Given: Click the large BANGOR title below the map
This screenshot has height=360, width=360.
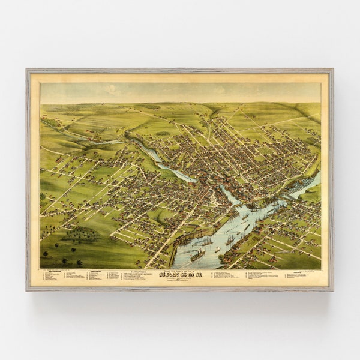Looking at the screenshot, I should pos(179,275).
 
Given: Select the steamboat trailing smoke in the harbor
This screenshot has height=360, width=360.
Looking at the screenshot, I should pos(196,254).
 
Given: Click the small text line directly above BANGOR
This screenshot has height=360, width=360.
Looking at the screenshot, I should pos(179,271).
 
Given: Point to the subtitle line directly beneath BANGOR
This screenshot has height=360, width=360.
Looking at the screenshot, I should pos(179,280).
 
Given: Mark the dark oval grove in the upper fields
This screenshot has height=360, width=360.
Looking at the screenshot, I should pos(163,133).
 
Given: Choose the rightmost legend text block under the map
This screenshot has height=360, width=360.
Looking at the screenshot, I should pos(300,277).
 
